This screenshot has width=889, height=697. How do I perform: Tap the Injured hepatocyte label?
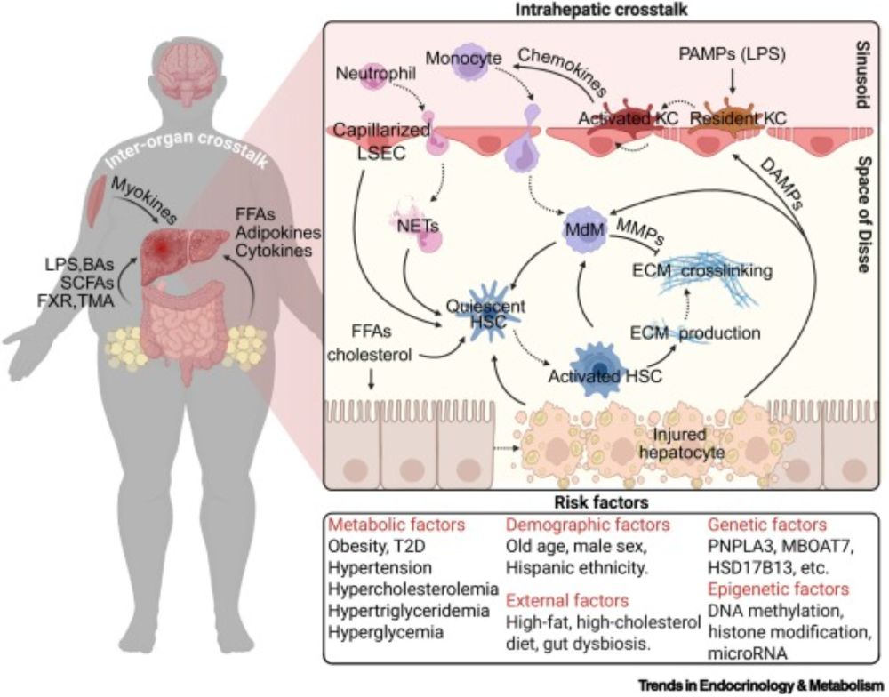pos(680,442)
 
